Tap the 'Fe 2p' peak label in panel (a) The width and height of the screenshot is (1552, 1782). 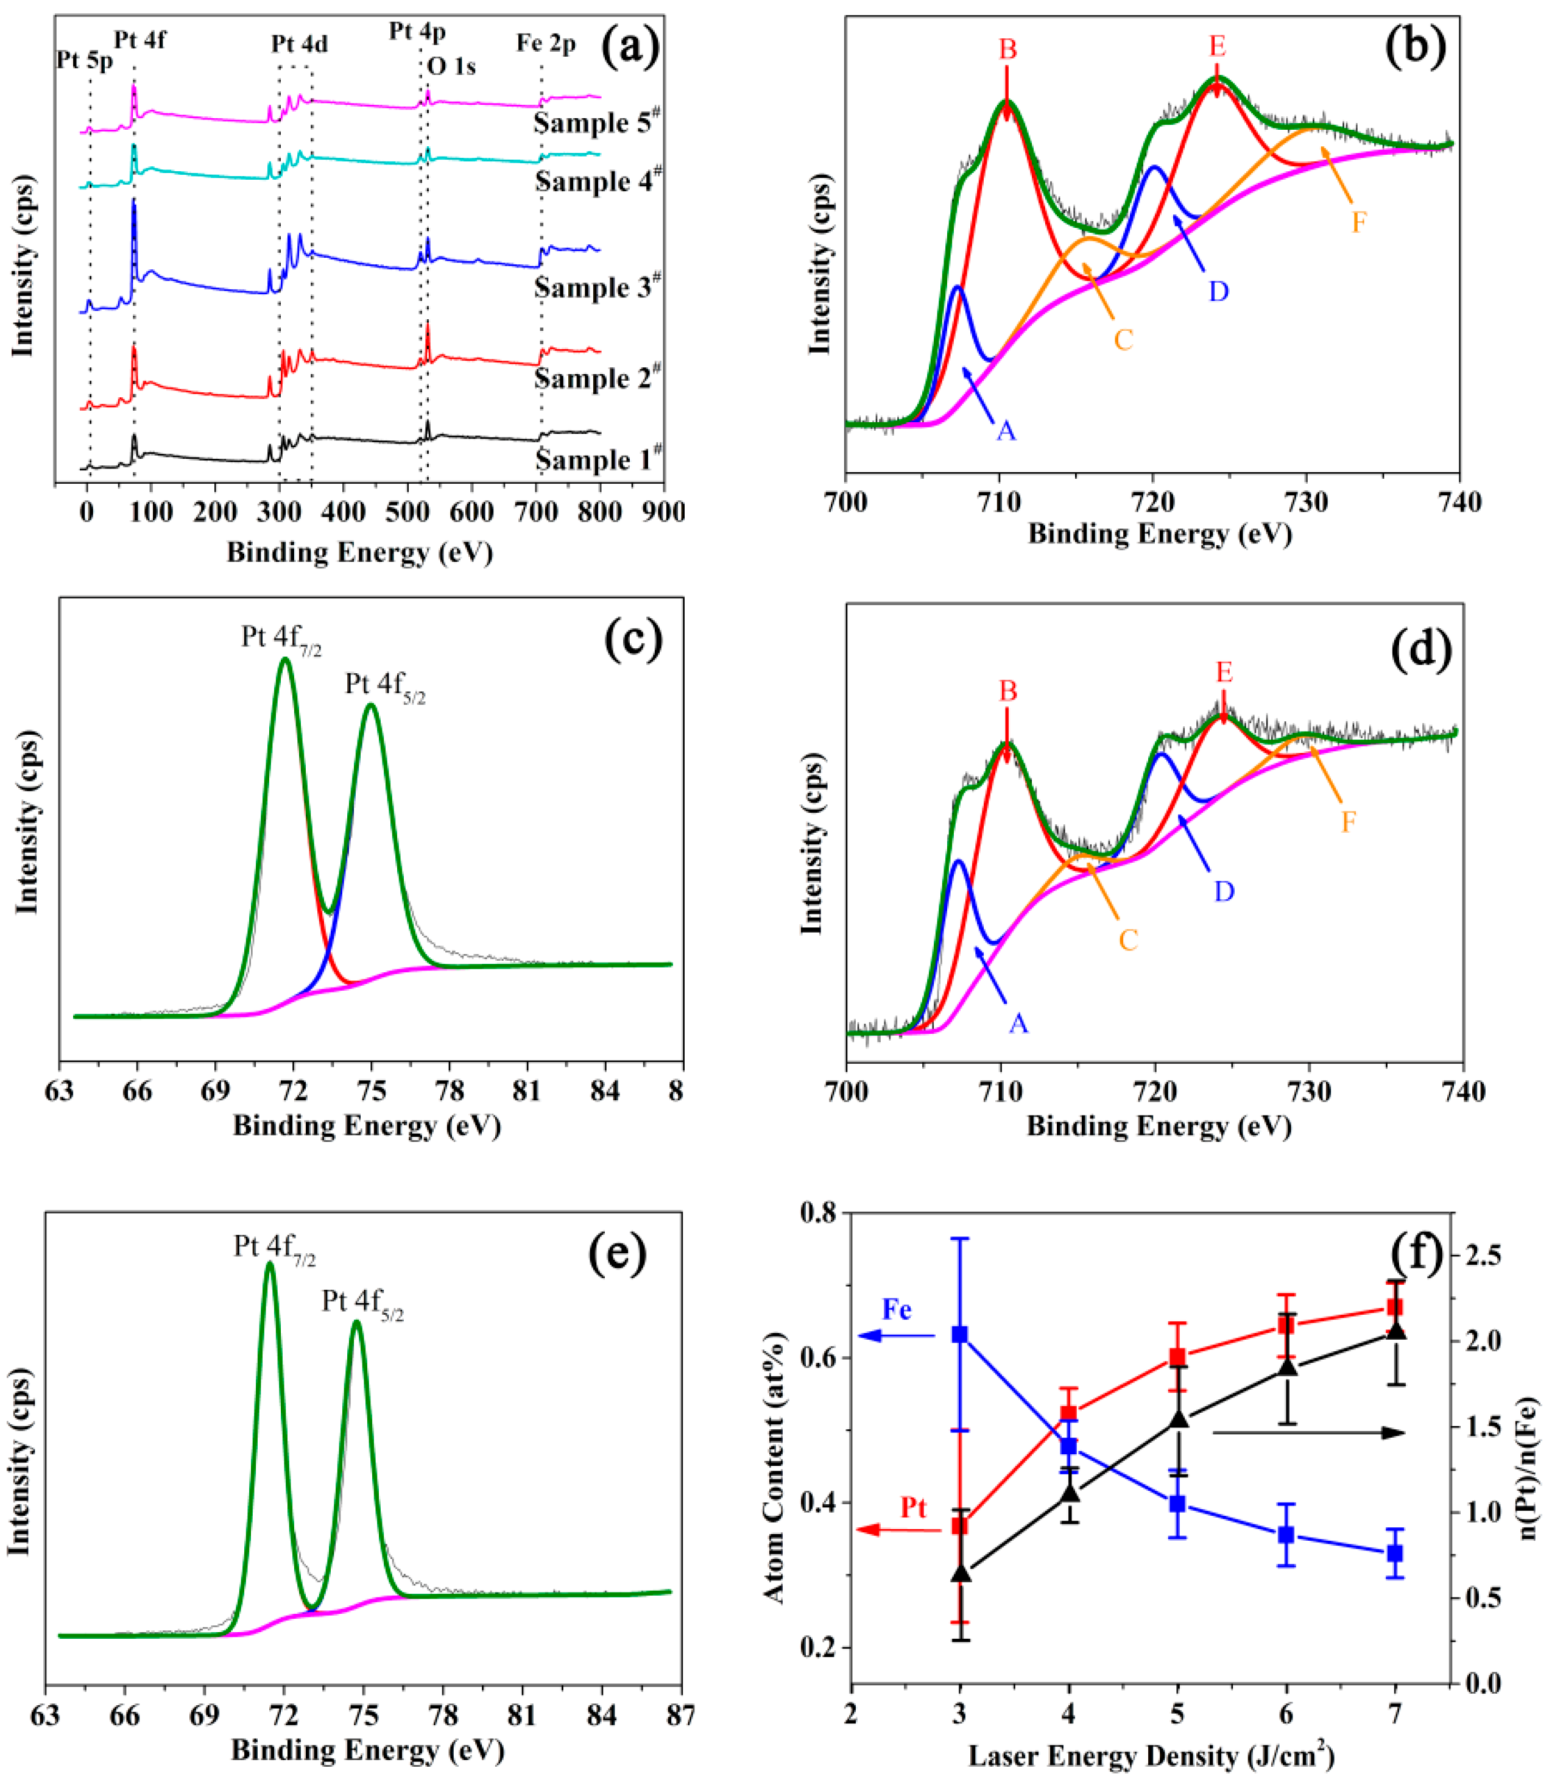point(546,43)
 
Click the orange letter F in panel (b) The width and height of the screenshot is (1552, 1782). point(1359,222)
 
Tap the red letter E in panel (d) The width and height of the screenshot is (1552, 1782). point(1223,671)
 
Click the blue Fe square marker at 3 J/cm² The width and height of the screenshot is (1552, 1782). point(959,1335)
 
